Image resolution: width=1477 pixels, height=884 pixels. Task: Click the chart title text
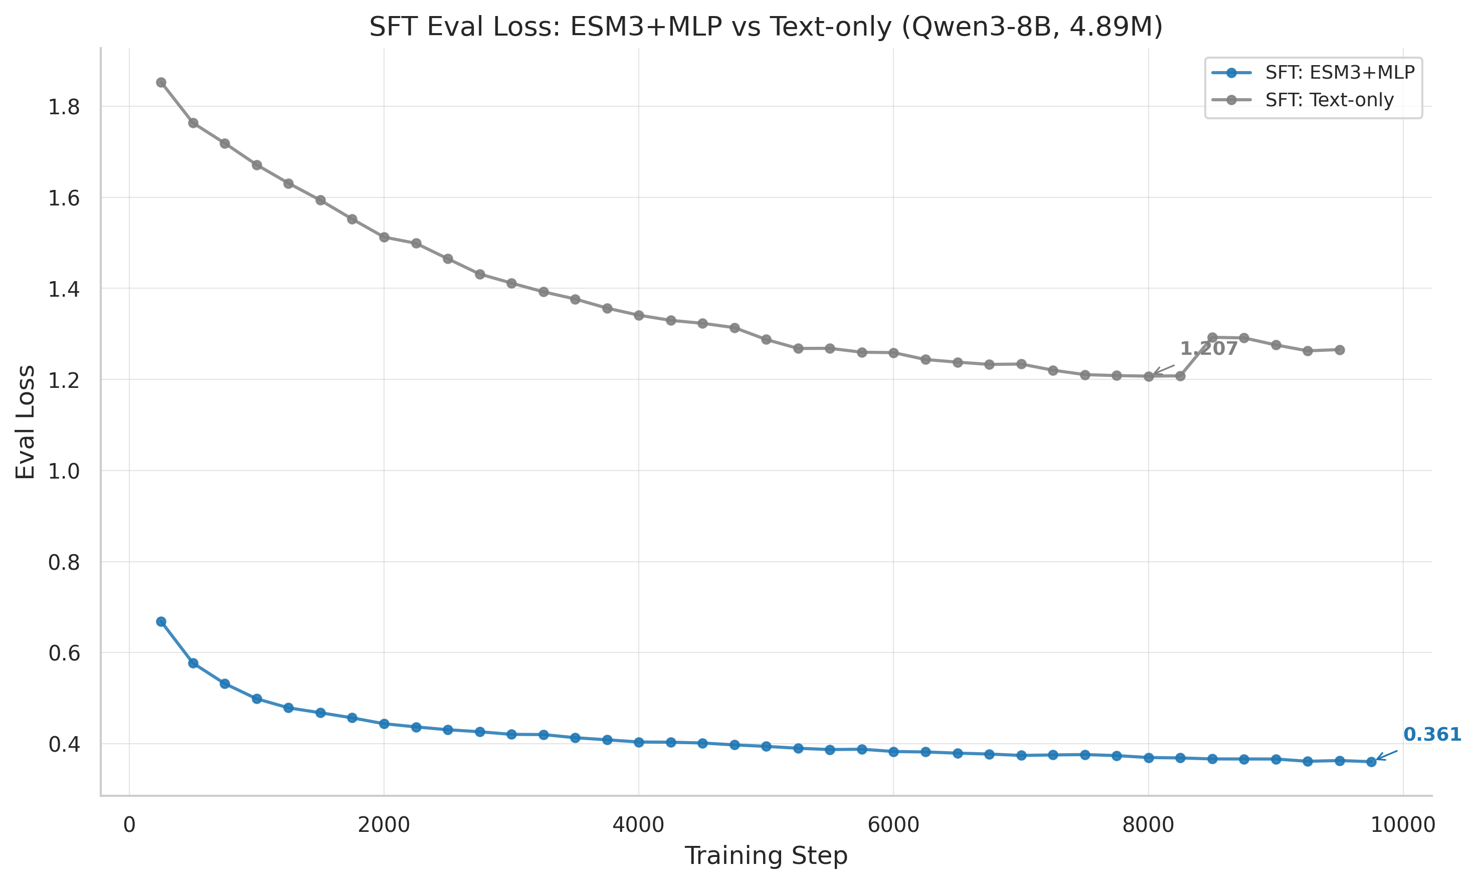tap(766, 28)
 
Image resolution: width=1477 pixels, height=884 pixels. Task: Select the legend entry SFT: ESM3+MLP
tap(1339, 73)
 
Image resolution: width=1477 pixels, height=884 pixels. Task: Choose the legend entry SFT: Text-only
tap(1329, 100)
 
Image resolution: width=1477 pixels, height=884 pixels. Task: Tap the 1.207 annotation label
tap(1208, 349)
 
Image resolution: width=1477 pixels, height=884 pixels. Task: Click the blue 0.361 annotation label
tap(1432, 735)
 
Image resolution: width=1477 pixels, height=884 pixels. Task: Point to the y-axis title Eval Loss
tap(25, 422)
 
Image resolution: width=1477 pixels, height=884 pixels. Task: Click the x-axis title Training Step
tap(766, 856)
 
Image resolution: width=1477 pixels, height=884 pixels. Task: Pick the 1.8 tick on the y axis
tap(64, 107)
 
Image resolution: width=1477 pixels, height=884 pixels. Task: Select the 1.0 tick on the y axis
tap(64, 471)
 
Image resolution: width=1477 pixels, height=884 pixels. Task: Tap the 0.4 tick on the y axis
tap(64, 744)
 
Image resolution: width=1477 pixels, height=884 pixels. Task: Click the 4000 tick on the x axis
tap(638, 826)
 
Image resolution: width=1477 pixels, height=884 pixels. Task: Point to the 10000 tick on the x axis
tap(1402, 826)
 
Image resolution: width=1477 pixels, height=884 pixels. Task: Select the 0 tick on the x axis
tap(129, 826)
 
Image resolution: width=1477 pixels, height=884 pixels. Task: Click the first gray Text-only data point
tap(161, 82)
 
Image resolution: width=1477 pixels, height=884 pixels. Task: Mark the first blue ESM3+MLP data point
tap(161, 621)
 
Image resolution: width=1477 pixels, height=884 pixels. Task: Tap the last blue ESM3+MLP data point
tap(1371, 761)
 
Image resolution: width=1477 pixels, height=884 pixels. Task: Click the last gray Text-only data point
tap(1339, 350)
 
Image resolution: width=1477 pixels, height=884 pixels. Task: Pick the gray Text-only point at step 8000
tap(1148, 376)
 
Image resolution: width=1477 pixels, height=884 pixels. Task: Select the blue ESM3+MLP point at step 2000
tap(384, 724)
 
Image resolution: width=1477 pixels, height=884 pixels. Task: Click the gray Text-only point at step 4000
tap(639, 315)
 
